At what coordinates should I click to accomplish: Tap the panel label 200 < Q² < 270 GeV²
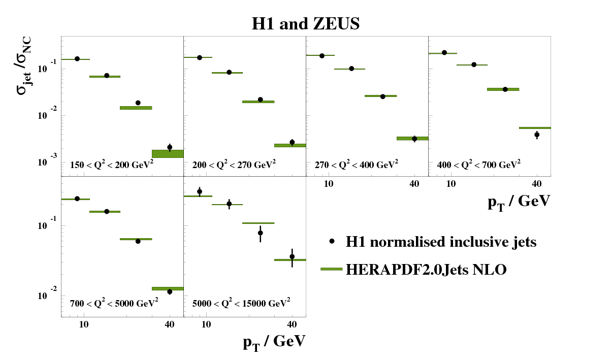coord(234,165)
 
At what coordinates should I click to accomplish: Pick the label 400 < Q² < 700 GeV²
coord(479,165)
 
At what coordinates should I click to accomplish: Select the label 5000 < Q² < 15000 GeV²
coord(241,304)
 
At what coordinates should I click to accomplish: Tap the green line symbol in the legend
coord(332,270)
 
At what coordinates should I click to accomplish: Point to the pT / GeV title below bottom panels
coord(274,342)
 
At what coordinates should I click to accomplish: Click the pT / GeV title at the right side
coord(519,202)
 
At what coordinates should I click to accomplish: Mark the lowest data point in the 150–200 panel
coord(170,147)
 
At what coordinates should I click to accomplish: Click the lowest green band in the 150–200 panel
coord(168,153)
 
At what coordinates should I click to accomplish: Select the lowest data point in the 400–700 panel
coord(537,135)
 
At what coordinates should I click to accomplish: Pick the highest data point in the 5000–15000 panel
coord(200,191)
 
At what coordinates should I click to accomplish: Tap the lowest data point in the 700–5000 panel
coord(170,291)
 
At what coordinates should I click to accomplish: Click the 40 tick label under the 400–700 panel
coord(537,183)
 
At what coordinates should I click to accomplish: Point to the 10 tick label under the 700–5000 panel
coord(84,324)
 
